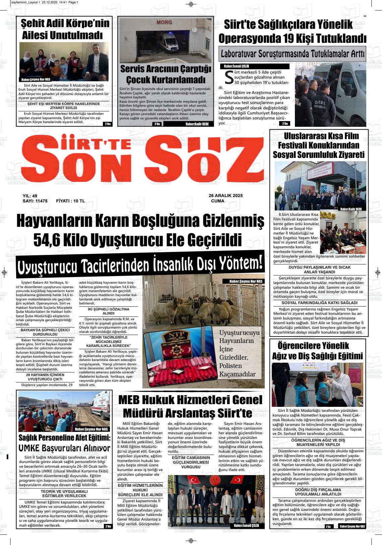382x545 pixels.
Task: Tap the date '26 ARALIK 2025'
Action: [x=226, y=195]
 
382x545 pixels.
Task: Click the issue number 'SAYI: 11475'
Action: [x=35, y=201]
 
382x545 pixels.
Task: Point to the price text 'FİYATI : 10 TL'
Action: [x=70, y=201]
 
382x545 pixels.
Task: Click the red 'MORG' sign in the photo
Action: [x=164, y=22]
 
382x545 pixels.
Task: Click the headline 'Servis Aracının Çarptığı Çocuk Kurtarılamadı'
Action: [x=166, y=74]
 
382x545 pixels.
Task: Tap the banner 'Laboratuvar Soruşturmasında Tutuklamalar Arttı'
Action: [x=293, y=54]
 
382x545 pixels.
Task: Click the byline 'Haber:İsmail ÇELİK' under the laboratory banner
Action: [x=237, y=66]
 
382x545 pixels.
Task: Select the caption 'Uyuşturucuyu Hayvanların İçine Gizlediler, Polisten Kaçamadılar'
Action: [x=239, y=353]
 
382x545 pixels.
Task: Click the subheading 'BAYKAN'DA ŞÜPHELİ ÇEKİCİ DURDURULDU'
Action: [x=45, y=332]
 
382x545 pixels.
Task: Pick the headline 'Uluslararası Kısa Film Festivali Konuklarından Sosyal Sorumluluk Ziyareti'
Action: [x=318, y=145]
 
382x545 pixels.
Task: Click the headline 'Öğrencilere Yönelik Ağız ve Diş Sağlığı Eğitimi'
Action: [x=317, y=351]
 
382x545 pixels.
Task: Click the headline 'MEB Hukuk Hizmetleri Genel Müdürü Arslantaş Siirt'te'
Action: [x=190, y=406]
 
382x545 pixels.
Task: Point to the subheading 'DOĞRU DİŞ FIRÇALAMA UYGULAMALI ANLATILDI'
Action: [x=318, y=491]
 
